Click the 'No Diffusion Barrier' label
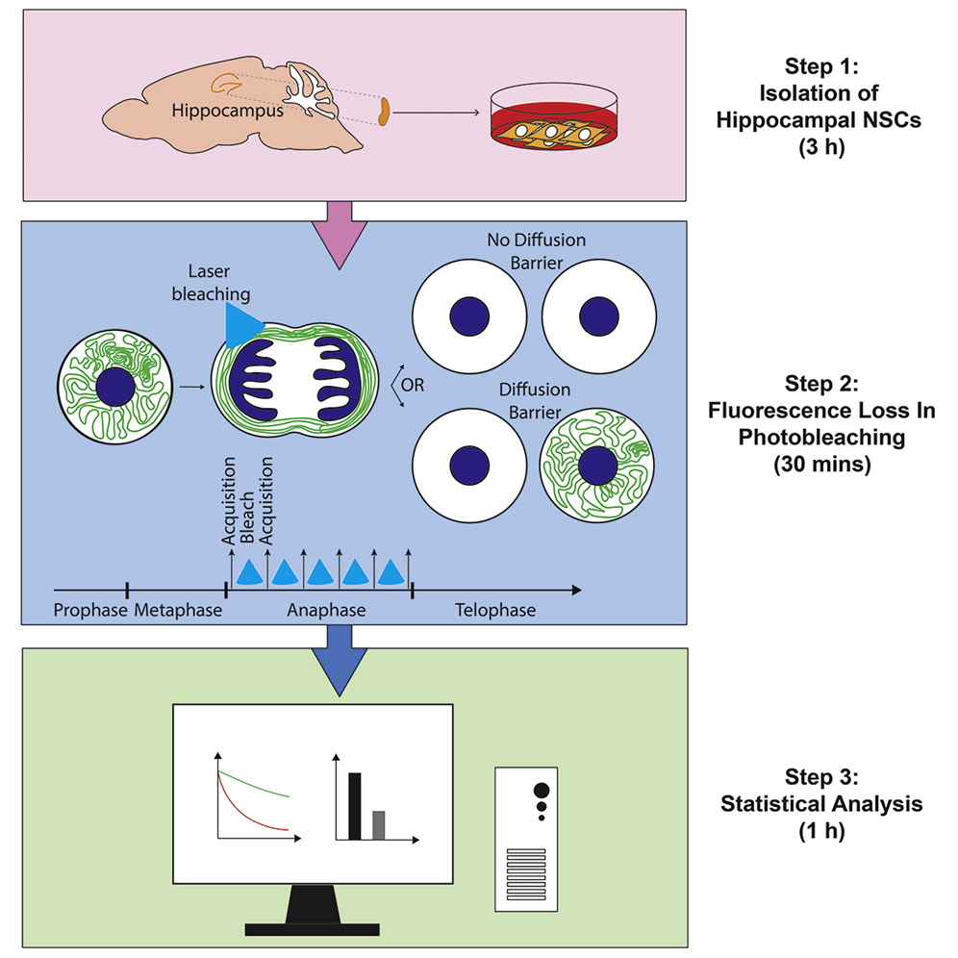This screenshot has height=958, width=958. tap(535, 248)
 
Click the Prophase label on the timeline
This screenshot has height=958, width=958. tap(90, 611)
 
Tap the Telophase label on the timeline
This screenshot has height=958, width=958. tap(496, 611)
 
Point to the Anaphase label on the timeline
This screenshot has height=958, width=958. tap(319, 611)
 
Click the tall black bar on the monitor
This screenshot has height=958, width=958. tap(354, 805)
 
